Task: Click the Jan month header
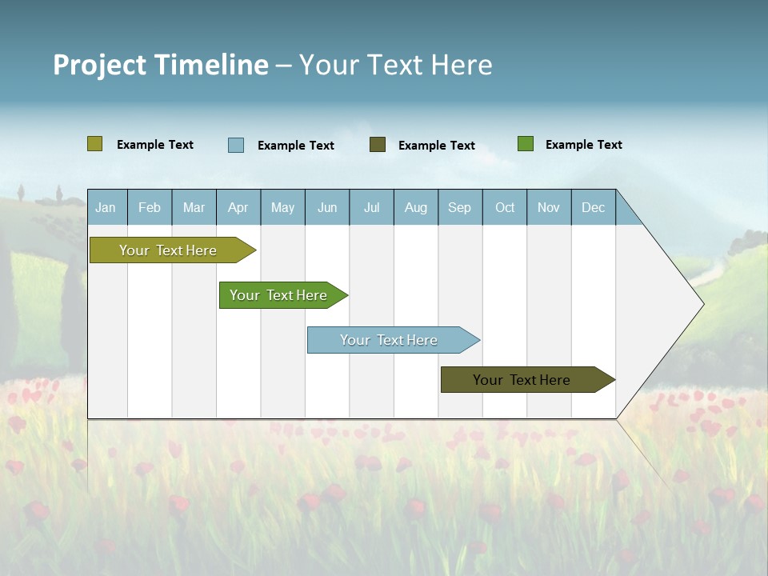click(106, 207)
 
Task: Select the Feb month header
click(150, 207)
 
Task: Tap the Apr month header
click(238, 207)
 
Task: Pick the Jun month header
click(327, 207)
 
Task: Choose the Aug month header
click(415, 207)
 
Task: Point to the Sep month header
click(459, 207)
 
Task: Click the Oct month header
click(505, 207)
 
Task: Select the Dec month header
click(593, 207)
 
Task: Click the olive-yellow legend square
click(95, 144)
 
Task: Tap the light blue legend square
click(236, 145)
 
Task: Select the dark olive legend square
click(378, 145)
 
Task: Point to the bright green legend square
click(526, 144)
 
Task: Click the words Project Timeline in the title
click(161, 65)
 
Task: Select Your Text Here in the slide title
click(396, 65)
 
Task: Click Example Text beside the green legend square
click(583, 145)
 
